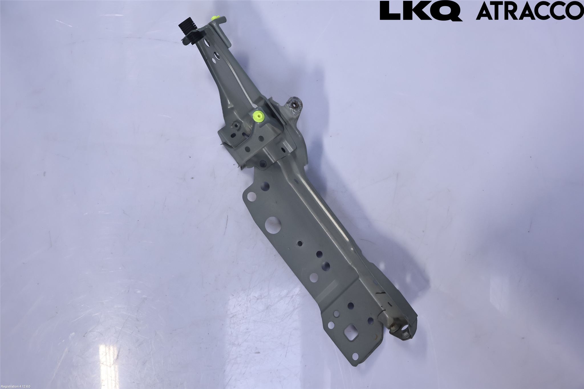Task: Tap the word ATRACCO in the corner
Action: pyautogui.click(x=530, y=11)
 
